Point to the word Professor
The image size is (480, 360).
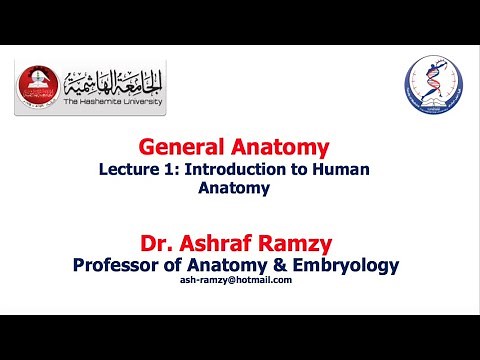point(127,264)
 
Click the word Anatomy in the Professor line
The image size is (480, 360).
point(233,264)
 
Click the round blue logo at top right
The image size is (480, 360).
point(432,86)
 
